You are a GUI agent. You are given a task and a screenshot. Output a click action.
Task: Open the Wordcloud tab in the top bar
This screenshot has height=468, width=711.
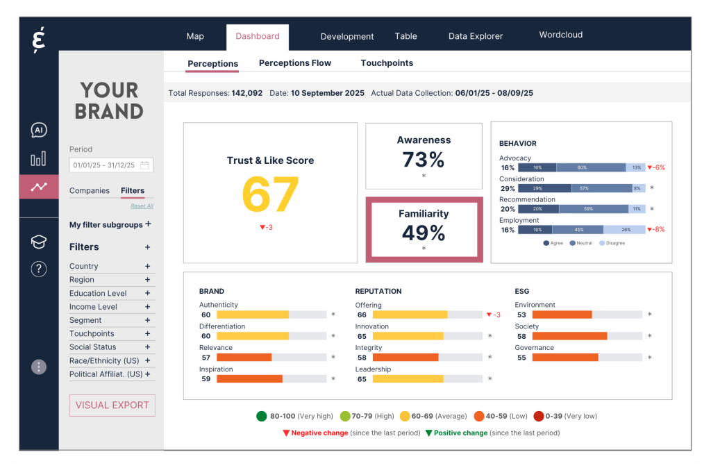tap(560, 35)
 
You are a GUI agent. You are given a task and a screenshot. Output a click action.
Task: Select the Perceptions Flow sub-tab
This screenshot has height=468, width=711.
tap(294, 63)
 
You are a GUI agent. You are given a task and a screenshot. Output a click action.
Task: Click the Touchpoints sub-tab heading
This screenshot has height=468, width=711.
tap(387, 63)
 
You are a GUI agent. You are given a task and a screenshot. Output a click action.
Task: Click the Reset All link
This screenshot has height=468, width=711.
tap(142, 206)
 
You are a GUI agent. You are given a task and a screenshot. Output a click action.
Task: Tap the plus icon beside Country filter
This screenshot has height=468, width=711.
tap(147, 266)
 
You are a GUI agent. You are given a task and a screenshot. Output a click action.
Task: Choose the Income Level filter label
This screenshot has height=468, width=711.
tap(93, 307)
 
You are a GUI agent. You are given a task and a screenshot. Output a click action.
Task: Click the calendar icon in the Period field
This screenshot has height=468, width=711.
tap(144, 165)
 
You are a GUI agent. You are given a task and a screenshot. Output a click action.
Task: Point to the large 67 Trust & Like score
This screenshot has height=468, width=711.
tap(270, 195)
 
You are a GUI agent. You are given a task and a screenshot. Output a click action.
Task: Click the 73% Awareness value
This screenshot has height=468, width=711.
tap(424, 160)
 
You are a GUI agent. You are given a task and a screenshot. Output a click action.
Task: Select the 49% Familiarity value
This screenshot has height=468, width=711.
tap(424, 232)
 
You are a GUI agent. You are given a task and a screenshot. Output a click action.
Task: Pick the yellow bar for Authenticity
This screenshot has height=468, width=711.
tap(252, 315)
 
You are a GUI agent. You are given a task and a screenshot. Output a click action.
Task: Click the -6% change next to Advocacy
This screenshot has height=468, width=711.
tap(656, 167)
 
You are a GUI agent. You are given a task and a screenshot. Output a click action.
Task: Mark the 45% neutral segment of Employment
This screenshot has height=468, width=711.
tap(578, 230)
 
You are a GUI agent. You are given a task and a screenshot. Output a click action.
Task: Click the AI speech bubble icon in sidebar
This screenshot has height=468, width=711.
tap(39, 131)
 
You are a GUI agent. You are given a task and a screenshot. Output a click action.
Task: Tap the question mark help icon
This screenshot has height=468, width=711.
tap(39, 269)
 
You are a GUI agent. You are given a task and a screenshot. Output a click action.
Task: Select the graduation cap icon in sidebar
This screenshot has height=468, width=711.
tap(39, 242)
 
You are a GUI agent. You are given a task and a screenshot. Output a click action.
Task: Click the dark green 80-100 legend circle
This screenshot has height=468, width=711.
tap(261, 417)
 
